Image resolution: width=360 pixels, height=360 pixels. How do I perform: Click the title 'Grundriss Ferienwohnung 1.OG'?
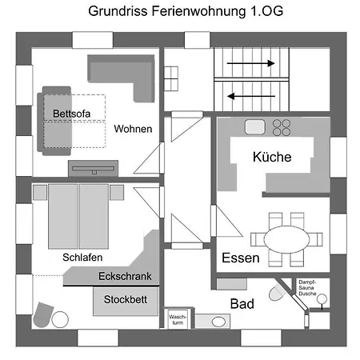click(179, 12)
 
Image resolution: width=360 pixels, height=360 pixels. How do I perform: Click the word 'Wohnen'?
click(133, 129)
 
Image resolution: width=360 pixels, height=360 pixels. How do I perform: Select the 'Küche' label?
click(271, 156)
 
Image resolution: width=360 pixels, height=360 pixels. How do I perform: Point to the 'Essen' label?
click(240, 258)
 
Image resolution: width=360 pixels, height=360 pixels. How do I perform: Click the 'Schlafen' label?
click(82, 258)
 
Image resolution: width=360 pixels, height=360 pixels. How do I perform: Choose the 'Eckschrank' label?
click(124, 277)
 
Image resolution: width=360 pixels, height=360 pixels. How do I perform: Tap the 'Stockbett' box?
click(124, 302)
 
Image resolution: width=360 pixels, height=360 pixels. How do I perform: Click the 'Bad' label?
click(242, 304)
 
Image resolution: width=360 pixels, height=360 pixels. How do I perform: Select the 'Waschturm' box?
click(178, 318)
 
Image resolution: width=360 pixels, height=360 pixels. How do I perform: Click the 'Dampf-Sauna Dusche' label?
click(309, 288)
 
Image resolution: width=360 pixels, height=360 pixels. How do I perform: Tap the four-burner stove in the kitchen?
click(282, 126)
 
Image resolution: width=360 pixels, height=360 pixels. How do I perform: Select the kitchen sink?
click(255, 126)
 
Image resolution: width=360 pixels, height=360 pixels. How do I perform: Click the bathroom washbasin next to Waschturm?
click(218, 322)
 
